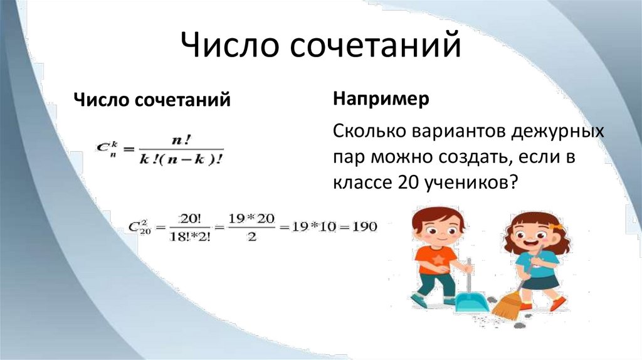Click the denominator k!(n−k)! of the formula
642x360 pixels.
point(182,158)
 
